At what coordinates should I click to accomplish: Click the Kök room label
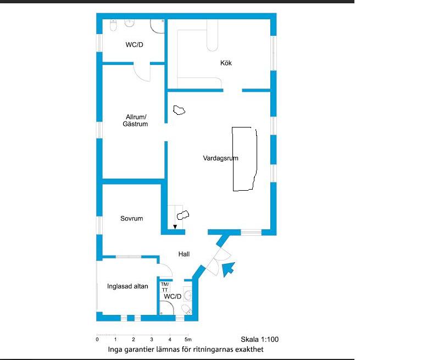tap(226, 63)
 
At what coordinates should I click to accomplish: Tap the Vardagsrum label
tap(220, 158)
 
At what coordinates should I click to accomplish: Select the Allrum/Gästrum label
tap(135, 120)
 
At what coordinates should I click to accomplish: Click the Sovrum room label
tap(132, 218)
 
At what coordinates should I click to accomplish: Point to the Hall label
tap(184, 254)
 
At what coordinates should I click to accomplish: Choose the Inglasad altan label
tap(127, 286)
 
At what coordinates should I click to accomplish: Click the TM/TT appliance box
tap(165, 287)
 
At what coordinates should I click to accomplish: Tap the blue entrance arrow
tap(228, 269)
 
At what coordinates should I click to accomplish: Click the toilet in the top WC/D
tap(113, 25)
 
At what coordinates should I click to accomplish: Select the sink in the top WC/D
tap(130, 23)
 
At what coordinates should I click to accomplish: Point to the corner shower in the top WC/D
tap(157, 26)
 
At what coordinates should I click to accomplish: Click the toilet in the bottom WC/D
tap(187, 309)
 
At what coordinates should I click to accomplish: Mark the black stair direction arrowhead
tap(175, 227)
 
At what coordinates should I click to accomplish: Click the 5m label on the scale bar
tap(188, 340)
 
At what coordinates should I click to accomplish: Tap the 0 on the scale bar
tap(97, 340)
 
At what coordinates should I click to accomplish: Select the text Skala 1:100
tap(259, 339)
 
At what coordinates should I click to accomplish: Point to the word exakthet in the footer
tap(249, 350)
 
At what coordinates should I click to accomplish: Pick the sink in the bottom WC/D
tap(188, 295)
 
